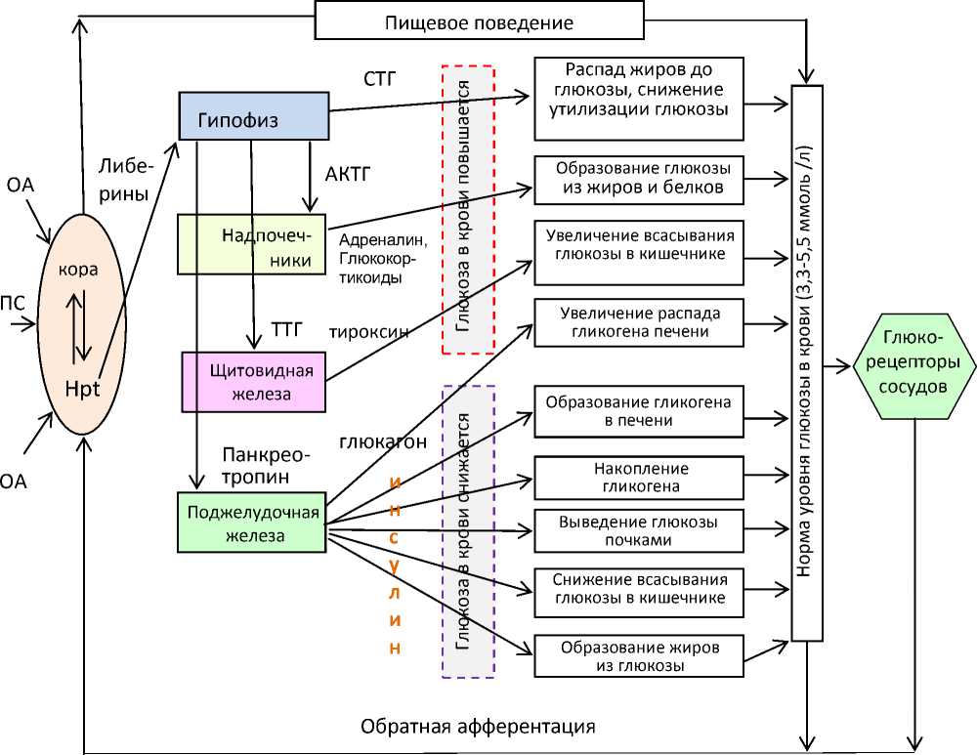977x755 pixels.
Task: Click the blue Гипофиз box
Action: click(253, 116)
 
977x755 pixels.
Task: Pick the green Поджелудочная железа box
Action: click(251, 523)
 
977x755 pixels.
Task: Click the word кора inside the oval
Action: click(79, 271)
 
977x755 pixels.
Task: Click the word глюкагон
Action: click(383, 441)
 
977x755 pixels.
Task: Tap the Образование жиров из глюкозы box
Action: click(639, 656)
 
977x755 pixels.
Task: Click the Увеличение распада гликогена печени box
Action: click(639, 323)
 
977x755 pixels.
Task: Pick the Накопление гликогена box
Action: click(639, 478)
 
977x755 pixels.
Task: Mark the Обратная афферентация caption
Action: click(478, 727)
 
